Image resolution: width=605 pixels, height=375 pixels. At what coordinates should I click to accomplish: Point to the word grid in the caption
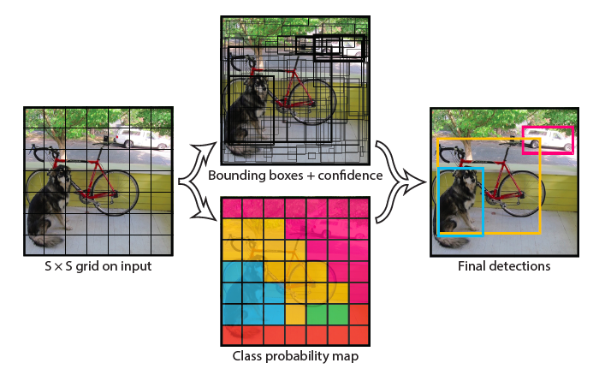coord(96,266)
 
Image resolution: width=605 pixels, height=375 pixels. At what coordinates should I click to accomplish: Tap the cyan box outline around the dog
coord(439,201)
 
